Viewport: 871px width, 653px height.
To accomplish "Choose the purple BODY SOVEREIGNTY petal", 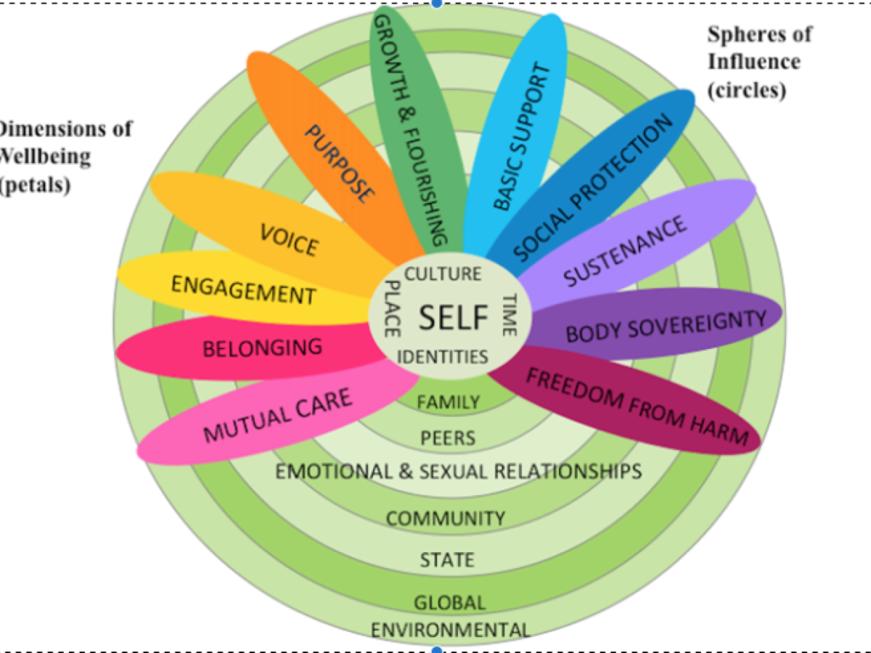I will click(x=664, y=326).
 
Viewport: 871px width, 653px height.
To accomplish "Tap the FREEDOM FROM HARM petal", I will click(x=636, y=406).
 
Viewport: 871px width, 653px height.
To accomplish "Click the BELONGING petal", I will click(x=261, y=348).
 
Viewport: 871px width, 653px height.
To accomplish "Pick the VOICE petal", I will click(x=288, y=239).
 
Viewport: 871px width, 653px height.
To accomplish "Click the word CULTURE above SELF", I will click(x=442, y=274).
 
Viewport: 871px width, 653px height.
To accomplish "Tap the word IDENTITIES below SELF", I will click(x=442, y=356).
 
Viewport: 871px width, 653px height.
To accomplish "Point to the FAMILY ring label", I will click(x=448, y=401).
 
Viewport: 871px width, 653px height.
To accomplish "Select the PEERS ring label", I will click(x=448, y=438).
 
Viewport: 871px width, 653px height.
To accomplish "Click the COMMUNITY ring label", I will click(x=445, y=518).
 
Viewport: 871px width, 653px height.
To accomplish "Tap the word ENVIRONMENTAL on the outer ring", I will click(x=450, y=629).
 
